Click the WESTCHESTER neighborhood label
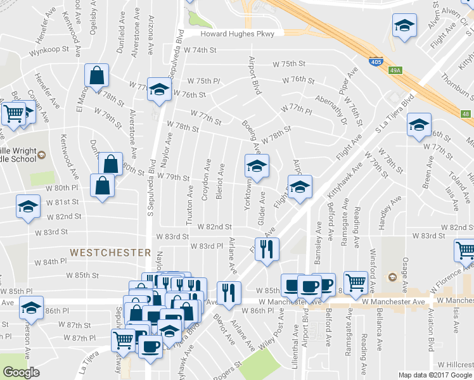(x=110, y=252)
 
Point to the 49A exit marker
(x=396, y=70)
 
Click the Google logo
(x=22, y=372)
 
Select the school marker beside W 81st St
(x=28, y=207)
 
